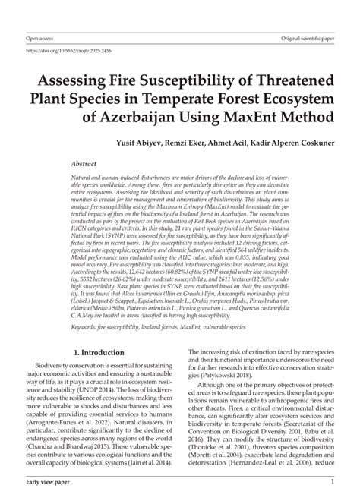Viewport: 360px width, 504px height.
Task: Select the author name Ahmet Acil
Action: point(231,143)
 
